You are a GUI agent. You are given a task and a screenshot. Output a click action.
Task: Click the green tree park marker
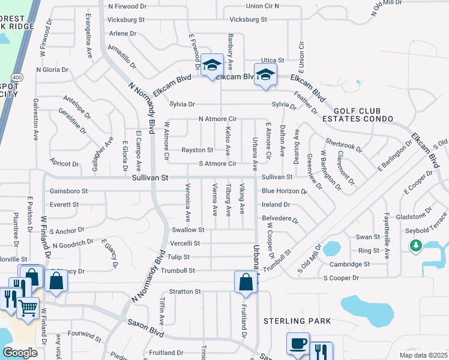tap(415, 245)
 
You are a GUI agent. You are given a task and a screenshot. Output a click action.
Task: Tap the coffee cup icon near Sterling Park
tap(298, 344)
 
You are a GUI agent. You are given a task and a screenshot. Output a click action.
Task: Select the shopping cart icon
tap(28, 309)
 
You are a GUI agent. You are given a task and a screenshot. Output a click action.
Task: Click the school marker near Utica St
tap(265, 75)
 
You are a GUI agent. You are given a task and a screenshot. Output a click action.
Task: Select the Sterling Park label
tap(297, 321)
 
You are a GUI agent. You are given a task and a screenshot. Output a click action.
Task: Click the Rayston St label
tap(198, 150)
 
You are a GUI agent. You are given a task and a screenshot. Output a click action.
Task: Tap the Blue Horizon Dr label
tap(284, 191)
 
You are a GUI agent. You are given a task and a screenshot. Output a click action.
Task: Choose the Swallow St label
tap(188, 230)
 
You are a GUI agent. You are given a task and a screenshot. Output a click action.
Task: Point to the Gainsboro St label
tap(69, 191)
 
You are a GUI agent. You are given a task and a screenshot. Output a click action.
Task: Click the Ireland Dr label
tap(276, 205)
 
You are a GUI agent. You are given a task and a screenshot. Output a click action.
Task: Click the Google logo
tap(20, 352)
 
